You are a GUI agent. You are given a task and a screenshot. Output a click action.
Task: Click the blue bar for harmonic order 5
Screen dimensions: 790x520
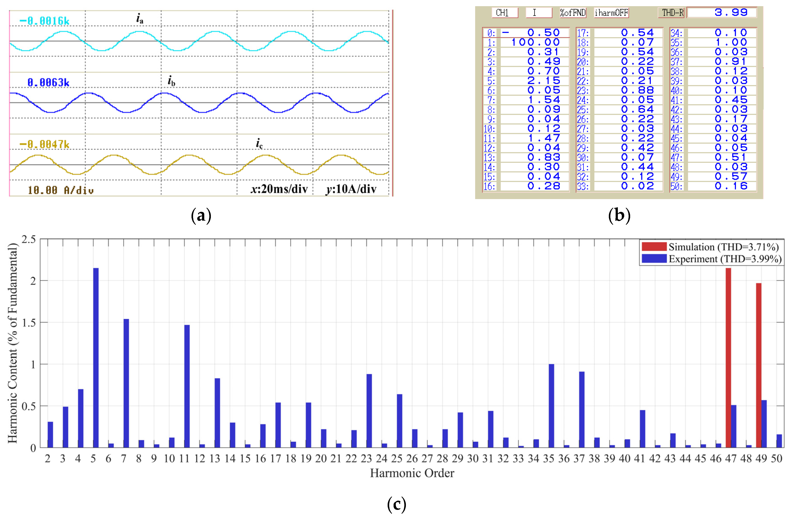point(96,358)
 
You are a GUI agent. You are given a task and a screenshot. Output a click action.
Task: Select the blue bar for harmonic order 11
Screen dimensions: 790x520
point(187,386)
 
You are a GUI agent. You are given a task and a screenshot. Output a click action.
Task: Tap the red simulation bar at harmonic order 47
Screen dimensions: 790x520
point(728,358)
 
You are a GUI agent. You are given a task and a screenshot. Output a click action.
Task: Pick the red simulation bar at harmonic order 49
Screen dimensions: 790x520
point(759,365)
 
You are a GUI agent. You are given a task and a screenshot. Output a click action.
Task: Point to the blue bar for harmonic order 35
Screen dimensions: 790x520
point(551,406)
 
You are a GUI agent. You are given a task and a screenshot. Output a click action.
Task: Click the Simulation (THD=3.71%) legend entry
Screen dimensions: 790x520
point(710,247)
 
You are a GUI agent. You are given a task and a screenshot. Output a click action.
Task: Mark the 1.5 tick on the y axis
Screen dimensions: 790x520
point(29,323)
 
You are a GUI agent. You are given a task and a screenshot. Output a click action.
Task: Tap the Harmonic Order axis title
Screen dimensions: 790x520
point(412,473)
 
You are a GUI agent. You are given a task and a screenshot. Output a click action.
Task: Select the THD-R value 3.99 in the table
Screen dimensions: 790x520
point(731,12)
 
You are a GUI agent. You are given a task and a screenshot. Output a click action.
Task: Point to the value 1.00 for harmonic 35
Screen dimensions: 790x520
point(731,42)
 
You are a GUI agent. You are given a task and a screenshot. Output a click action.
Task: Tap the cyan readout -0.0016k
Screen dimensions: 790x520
point(44,21)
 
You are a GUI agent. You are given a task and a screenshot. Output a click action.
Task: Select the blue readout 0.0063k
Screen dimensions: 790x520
point(48,82)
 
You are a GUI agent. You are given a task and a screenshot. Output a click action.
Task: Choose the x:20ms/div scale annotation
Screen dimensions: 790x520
point(279,189)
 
